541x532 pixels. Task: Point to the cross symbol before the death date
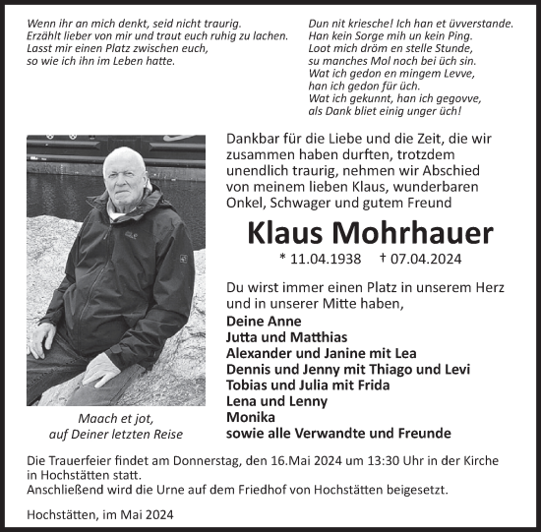pos(384,260)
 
